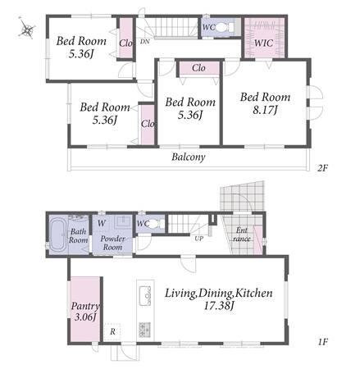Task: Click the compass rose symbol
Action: (27, 28)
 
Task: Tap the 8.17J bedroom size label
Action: (265, 110)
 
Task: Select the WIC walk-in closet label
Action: (263, 43)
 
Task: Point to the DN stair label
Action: (145, 42)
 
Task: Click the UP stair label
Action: (199, 239)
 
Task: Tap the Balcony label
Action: (189, 157)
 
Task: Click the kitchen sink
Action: (145, 296)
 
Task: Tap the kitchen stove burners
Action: (144, 330)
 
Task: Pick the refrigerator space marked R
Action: (112, 332)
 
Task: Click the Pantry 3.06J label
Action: (85, 311)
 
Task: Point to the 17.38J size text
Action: (219, 306)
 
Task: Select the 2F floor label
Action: (322, 167)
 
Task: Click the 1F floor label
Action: (323, 341)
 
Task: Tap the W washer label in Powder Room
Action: (102, 223)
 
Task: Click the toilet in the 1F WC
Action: (155, 224)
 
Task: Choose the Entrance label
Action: (242, 235)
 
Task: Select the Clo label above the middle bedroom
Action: (198, 67)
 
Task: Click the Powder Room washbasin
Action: (123, 221)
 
